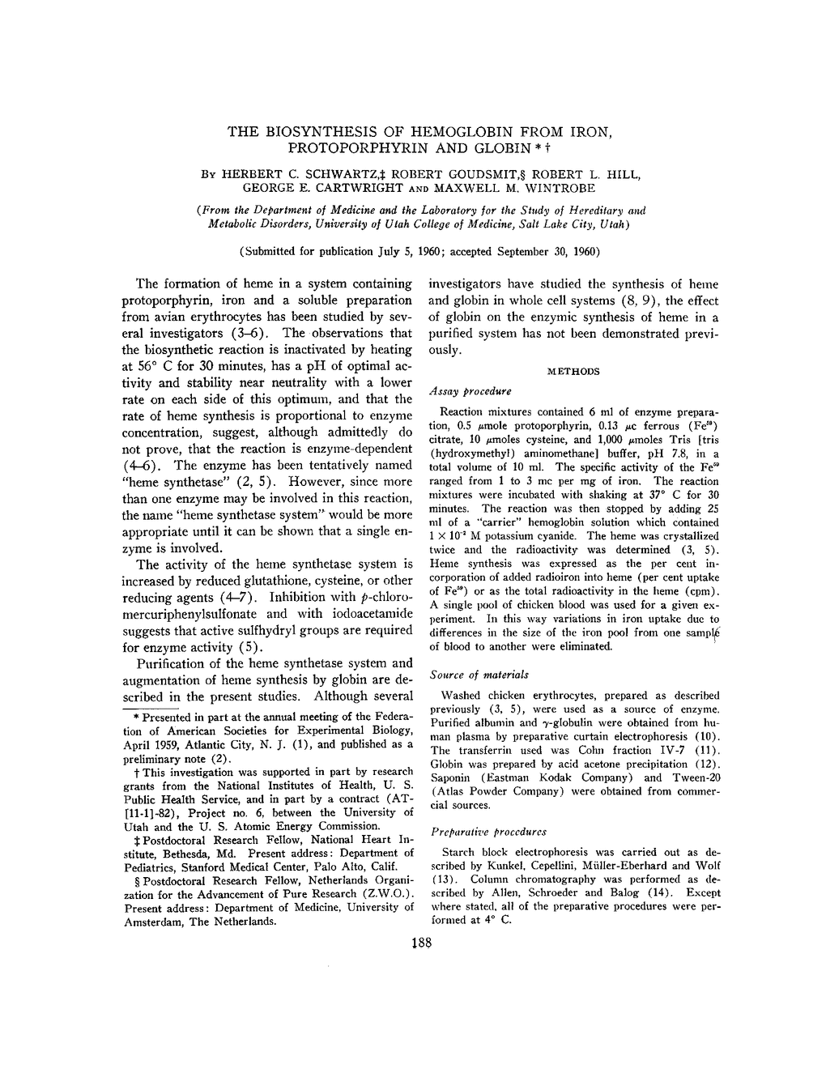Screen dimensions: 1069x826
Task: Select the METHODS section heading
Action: pyautogui.click(x=574, y=371)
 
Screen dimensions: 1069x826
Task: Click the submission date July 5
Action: pyautogui.click(x=375, y=251)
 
